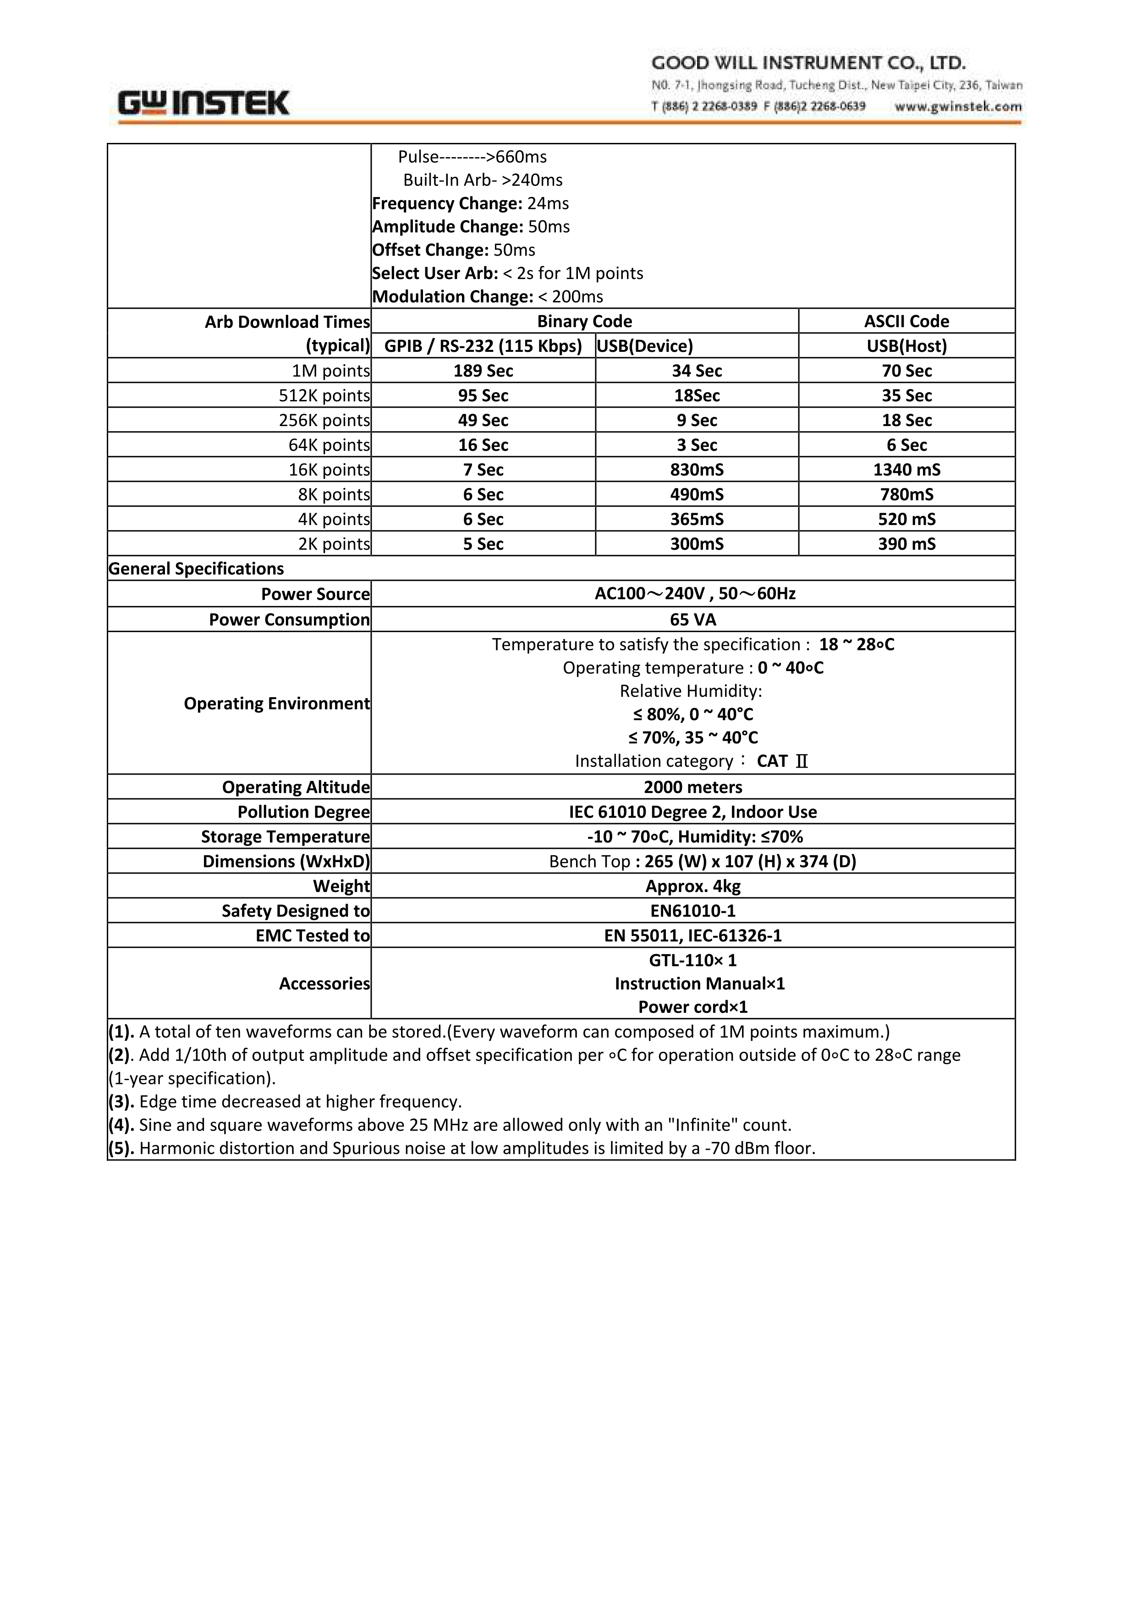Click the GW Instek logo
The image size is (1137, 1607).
204,103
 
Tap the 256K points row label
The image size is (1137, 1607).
324,421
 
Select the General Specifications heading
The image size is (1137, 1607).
196,568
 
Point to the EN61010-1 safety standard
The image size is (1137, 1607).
692,911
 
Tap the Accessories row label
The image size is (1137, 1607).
324,984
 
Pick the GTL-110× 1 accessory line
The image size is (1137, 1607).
692,960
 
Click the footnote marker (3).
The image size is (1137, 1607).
121,1102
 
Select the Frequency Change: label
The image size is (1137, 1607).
447,204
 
